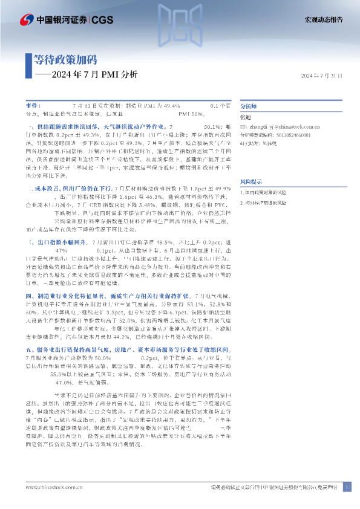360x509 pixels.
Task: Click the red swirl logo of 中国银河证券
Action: coord(27,21)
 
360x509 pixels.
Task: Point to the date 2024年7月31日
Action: coord(321,76)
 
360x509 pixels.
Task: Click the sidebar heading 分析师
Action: coord(249,105)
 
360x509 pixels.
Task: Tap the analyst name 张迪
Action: coord(246,117)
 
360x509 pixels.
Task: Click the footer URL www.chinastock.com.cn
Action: coord(48,487)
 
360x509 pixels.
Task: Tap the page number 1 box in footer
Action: coord(346,487)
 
